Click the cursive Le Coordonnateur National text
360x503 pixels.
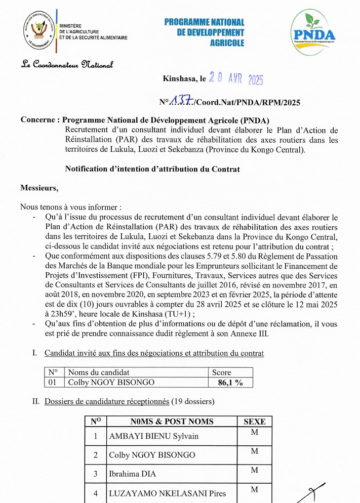(x=67, y=64)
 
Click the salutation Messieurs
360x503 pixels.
(x=39, y=188)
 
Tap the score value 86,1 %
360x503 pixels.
(x=230, y=383)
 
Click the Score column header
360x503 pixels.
(x=221, y=372)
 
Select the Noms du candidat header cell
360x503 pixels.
(x=99, y=372)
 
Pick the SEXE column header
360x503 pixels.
(x=254, y=422)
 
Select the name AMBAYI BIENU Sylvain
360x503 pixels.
(x=154, y=436)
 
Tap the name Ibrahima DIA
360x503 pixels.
(x=133, y=474)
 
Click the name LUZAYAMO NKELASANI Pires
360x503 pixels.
(x=168, y=493)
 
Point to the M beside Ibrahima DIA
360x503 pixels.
(x=254, y=470)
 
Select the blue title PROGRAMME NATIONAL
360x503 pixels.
(x=204, y=23)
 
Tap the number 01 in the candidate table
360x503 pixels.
(x=53, y=383)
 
